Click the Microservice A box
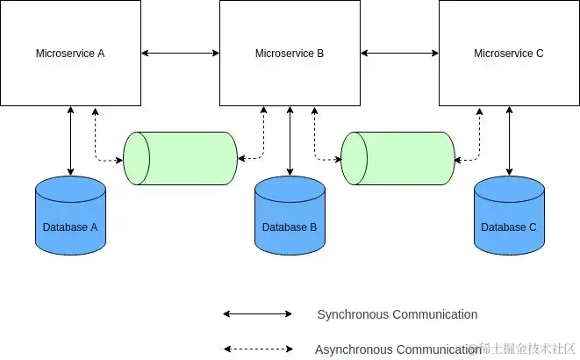[70, 53]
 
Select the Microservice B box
[290, 53]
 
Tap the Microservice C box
[509, 53]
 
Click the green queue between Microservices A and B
[180, 158]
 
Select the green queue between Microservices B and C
[397, 158]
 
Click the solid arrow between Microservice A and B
[180, 54]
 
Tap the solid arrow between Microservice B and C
[399, 54]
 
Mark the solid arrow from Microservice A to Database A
[70, 140]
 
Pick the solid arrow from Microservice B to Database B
[290, 140]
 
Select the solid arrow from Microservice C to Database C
[509, 140]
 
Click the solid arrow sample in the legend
[257, 313]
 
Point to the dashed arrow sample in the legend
[257, 349]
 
